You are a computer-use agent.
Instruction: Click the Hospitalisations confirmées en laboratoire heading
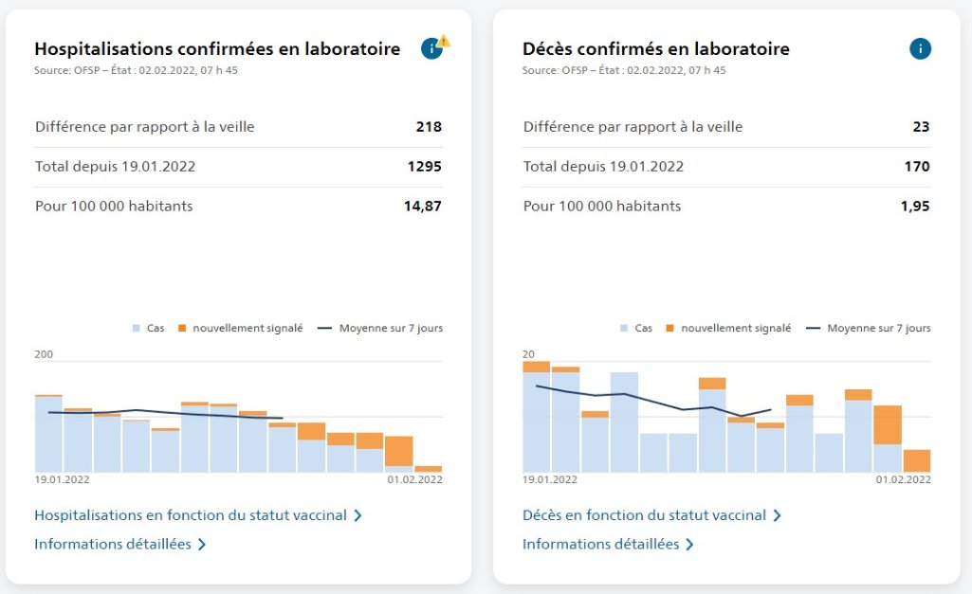point(217,49)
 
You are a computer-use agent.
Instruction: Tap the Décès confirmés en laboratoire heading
point(655,49)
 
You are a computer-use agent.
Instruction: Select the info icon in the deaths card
point(920,49)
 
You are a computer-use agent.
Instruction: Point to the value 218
point(429,127)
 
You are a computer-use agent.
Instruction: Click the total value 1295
point(425,167)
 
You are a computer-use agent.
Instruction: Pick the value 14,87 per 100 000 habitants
point(423,207)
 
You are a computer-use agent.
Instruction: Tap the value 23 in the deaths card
point(921,127)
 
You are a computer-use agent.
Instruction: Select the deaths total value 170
point(917,167)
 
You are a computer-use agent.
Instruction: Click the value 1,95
point(915,207)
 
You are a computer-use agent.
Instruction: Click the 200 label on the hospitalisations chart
point(45,355)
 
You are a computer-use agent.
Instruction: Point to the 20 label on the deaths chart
point(528,355)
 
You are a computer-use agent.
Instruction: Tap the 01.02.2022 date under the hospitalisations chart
point(414,480)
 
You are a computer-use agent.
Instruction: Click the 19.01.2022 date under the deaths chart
point(550,480)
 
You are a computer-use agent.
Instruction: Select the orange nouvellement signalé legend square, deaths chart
point(669,329)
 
